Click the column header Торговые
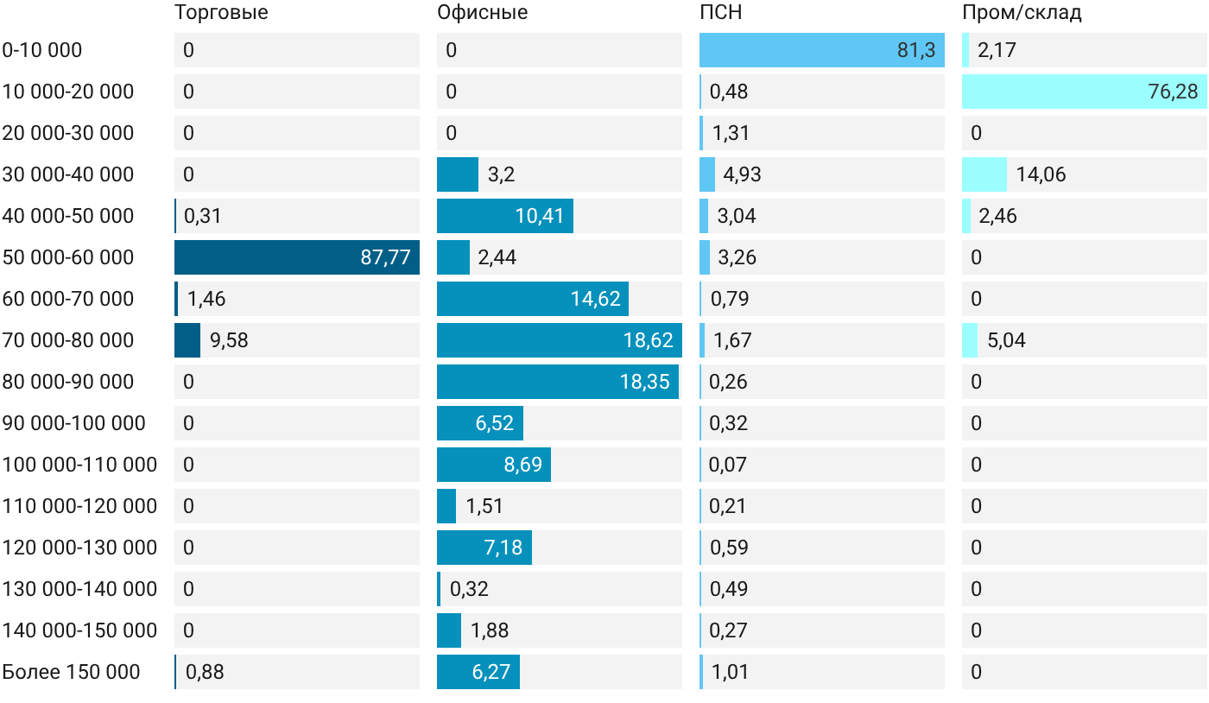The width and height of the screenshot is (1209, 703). coord(221,12)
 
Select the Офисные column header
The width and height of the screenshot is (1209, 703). coord(482,12)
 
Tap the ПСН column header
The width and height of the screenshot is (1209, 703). coord(720,12)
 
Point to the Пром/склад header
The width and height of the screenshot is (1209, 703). coord(1022,12)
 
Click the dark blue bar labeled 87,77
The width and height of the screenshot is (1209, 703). coord(297,257)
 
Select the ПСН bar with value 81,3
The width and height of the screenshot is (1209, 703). coord(822,50)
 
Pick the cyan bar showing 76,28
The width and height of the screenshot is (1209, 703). coord(1085,92)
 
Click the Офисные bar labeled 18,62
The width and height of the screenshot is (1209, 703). coord(560,340)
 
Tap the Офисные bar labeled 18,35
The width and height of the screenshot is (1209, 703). coord(558,382)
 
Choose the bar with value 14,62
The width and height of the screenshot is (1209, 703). coord(533,299)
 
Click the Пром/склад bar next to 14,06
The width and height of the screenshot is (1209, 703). coord(984,174)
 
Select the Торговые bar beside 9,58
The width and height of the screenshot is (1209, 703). coord(187,340)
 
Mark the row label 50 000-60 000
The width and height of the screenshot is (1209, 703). coord(68,257)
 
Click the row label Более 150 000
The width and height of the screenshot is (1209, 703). coord(71,672)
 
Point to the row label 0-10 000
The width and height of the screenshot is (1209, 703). coord(42,50)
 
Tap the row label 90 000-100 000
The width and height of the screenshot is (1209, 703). coord(74,423)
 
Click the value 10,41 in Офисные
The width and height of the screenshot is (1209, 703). coord(539,216)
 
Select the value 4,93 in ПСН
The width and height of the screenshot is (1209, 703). coord(742,174)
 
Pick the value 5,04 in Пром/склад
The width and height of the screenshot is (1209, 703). coord(1006,340)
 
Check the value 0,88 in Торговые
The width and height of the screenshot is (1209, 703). coord(205,672)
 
